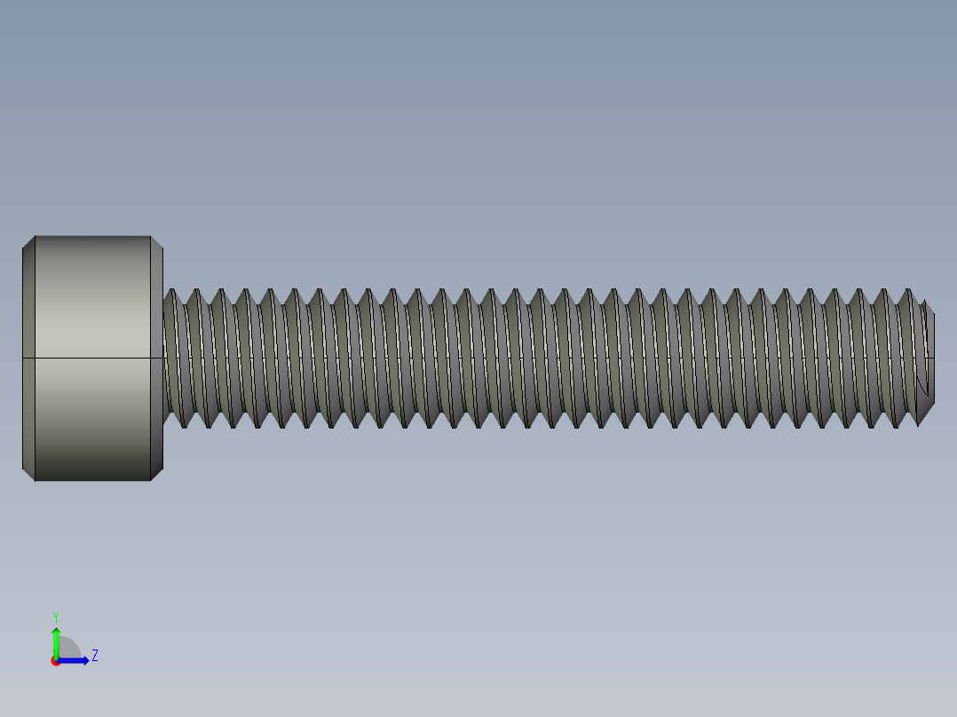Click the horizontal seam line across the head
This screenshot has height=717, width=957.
point(92,358)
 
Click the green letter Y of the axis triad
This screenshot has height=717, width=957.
point(55,616)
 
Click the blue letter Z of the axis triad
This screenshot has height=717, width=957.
point(95,656)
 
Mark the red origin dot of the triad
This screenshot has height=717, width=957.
point(55,661)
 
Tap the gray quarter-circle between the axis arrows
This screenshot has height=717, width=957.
point(68,649)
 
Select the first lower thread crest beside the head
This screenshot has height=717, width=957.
point(184,425)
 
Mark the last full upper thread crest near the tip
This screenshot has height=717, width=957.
point(906,291)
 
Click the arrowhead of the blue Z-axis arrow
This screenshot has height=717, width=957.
point(84,660)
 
